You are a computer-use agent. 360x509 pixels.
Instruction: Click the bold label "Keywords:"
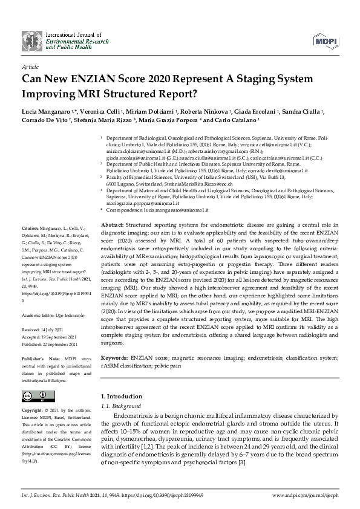[x=114, y=358]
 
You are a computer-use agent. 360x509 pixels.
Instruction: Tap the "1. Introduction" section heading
[x=118, y=397]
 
